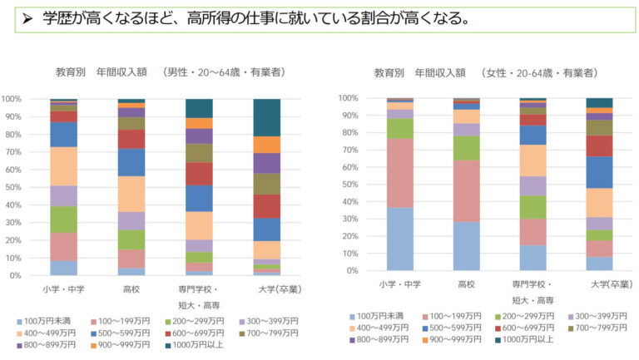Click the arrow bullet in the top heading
[27, 18]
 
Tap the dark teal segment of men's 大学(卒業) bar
[266, 117]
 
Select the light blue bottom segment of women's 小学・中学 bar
[400, 239]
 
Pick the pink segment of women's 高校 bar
[467, 191]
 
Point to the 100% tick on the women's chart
[349, 98]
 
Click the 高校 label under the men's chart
[131, 289]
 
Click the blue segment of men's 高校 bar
[131, 162]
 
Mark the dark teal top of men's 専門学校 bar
[199, 108]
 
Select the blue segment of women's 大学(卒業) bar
[599, 172]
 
